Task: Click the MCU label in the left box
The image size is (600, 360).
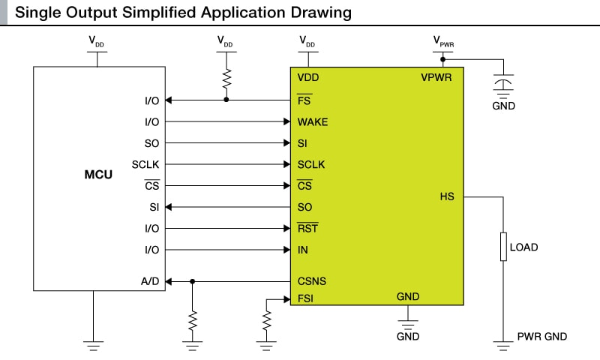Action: tap(98, 175)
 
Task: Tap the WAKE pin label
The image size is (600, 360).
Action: tap(312, 121)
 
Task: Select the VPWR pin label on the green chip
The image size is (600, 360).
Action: tap(436, 77)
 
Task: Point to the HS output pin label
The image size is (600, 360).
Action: tap(447, 196)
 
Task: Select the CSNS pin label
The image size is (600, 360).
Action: tap(311, 282)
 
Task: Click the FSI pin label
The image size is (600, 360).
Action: tap(305, 298)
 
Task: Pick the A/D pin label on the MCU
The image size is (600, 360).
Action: tap(150, 282)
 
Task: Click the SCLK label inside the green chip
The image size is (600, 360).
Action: tap(311, 164)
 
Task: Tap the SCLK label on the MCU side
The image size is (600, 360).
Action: tap(145, 164)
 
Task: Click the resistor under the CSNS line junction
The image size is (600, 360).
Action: tap(193, 321)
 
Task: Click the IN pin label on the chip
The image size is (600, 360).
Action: tap(302, 250)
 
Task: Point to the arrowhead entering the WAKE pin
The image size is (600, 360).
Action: tap(286, 121)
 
